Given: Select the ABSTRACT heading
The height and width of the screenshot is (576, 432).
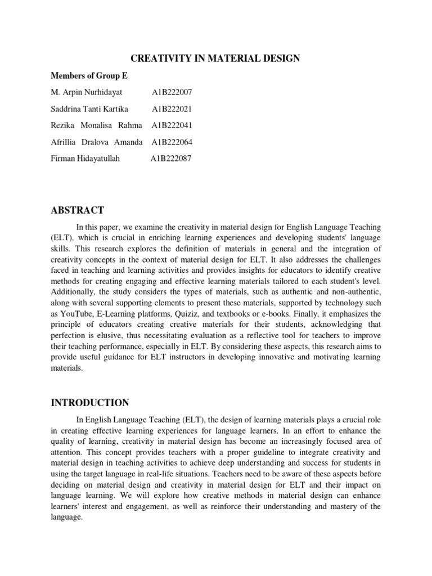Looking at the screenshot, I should (x=78, y=210).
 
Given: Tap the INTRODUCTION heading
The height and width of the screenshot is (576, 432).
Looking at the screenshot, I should (x=90, y=403).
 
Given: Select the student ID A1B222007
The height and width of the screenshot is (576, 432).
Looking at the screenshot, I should (x=172, y=92).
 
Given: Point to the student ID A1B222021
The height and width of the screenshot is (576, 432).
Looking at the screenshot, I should (x=172, y=109).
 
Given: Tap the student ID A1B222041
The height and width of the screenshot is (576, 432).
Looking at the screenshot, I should (x=172, y=125).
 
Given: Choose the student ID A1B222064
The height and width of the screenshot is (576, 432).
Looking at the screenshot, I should (x=172, y=142).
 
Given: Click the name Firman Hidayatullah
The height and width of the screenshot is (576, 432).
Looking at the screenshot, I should (x=86, y=159).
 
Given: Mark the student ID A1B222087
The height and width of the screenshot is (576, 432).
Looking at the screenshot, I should (x=171, y=159).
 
